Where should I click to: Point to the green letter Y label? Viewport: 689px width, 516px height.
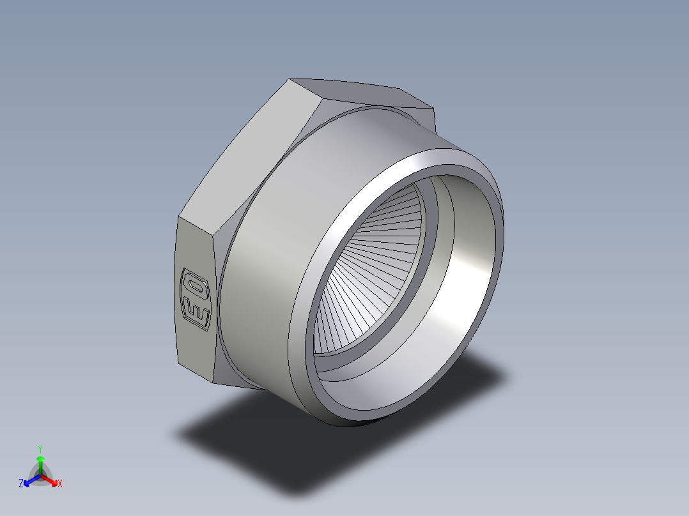[x=40, y=449]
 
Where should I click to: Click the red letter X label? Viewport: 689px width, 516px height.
[x=59, y=484]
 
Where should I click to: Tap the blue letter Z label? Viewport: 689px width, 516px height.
[x=21, y=484]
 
